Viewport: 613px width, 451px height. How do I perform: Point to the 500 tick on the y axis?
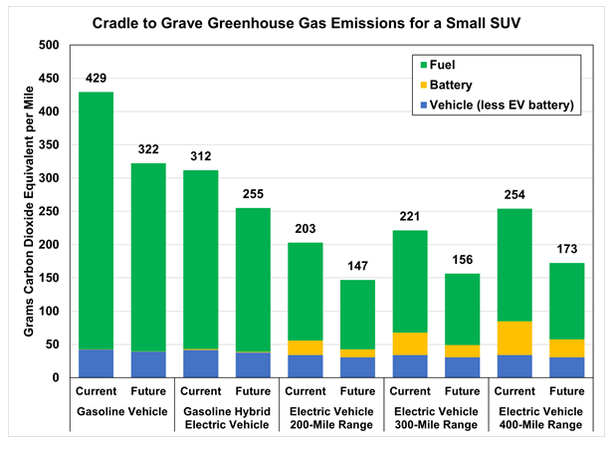47,45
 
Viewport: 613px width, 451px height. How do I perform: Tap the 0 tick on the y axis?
55,378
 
